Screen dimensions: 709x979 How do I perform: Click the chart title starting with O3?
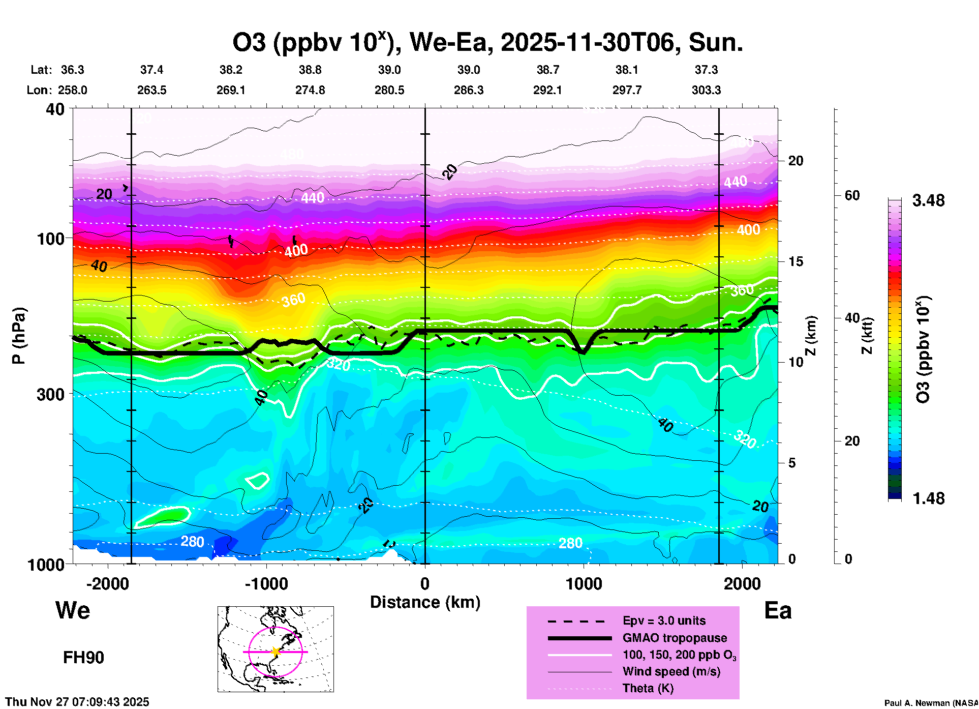487,43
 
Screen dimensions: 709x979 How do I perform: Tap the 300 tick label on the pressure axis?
51,394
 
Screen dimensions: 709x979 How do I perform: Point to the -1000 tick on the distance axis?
266,583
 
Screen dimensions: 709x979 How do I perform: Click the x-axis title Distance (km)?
425,602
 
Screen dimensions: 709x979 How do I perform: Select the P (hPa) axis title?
19,336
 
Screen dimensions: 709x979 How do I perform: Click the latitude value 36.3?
73,70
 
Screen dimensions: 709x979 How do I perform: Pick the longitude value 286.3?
468,90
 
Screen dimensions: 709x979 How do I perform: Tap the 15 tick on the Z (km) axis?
795,261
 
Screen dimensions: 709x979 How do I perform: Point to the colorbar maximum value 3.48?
928,201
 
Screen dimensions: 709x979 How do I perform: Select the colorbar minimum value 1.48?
928,498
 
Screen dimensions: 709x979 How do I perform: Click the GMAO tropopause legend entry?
675,638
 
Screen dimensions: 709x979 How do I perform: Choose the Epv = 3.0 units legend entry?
664,621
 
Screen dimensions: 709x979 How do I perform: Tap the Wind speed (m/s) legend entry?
671,672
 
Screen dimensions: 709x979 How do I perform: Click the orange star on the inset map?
276,652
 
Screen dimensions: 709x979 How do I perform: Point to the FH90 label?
83,658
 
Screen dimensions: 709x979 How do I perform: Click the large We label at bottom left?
73,610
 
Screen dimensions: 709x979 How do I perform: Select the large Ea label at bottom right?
778,611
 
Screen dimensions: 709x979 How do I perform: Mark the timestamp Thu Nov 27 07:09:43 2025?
77,702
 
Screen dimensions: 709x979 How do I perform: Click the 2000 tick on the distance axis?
742,583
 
